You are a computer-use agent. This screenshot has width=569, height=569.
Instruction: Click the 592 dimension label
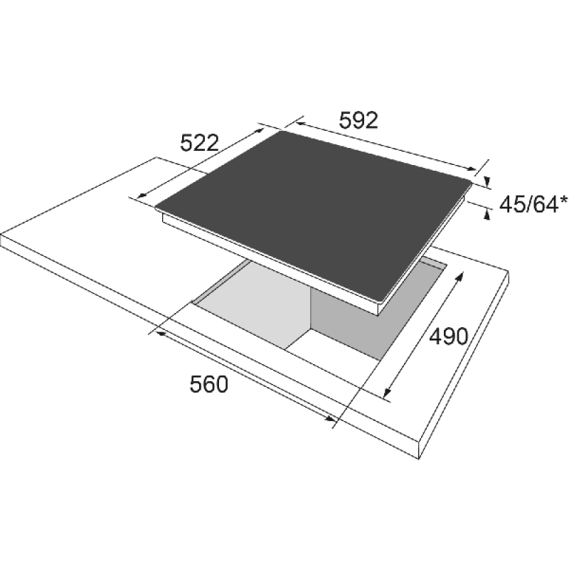(x=358, y=120)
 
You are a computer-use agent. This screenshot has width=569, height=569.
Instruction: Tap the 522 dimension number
(x=200, y=143)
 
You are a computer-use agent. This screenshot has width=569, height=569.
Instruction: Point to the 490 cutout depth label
(x=449, y=336)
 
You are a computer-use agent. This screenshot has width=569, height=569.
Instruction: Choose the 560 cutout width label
(x=208, y=384)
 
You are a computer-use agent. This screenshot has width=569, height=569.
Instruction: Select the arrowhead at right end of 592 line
(x=471, y=169)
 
